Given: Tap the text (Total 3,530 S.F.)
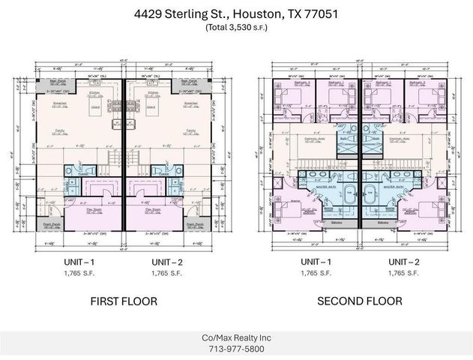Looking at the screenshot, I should coord(236,27).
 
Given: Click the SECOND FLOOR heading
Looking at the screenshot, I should coord(359,301).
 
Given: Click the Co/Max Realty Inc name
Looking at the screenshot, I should coord(236,337).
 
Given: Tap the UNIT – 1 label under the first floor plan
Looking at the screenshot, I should coord(81,261).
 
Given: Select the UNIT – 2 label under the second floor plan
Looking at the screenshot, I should coord(404,261).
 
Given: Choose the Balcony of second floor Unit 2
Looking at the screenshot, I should coord(384,222).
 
